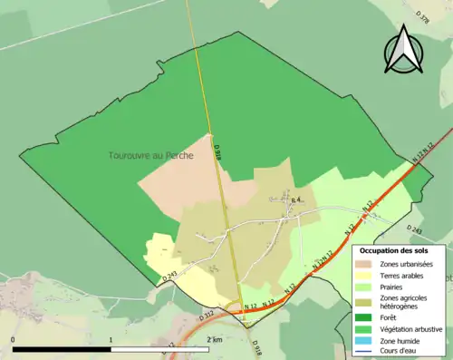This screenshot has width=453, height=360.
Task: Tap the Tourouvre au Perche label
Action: [x=151, y=155]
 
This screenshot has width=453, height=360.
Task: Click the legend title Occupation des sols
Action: [x=394, y=249]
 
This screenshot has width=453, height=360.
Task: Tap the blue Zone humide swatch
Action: [x=363, y=340]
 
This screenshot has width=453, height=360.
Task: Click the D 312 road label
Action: [x=207, y=315]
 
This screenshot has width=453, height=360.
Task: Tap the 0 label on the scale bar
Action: [x=13, y=340]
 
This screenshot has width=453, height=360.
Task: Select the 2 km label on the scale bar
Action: [x=214, y=340]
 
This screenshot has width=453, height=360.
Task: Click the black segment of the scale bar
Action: [x=62, y=349]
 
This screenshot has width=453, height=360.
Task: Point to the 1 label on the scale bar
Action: [x=111, y=340]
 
